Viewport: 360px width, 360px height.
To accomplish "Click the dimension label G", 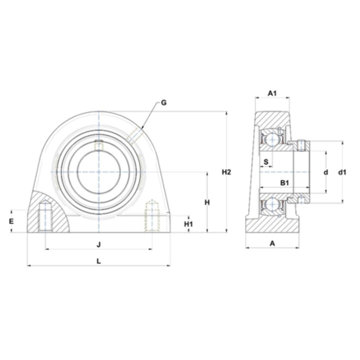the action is [x=163, y=102].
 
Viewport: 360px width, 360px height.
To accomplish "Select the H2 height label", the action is [x=226, y=171].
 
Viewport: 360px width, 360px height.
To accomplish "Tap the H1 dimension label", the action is [x=188, y=224].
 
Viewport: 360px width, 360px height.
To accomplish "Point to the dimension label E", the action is [x=11, y=221].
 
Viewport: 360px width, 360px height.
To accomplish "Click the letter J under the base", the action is [x=98, y=244].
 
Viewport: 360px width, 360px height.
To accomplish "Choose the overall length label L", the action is [x=98, y=261].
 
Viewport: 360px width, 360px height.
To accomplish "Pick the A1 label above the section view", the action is [x=272, y=93].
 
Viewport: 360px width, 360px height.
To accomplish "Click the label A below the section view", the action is [x=272, y=243].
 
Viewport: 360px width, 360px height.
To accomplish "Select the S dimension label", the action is [x=266, y=162].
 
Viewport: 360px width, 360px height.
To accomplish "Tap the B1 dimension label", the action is [x=284, y=183].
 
